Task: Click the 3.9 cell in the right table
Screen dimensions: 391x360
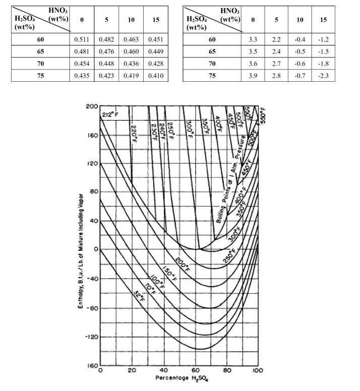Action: click(253, 75)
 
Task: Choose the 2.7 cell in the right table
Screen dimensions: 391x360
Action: click(276, 63)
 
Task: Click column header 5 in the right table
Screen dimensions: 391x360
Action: click(276, 20)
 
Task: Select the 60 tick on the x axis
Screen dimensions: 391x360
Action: click(195, 371)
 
